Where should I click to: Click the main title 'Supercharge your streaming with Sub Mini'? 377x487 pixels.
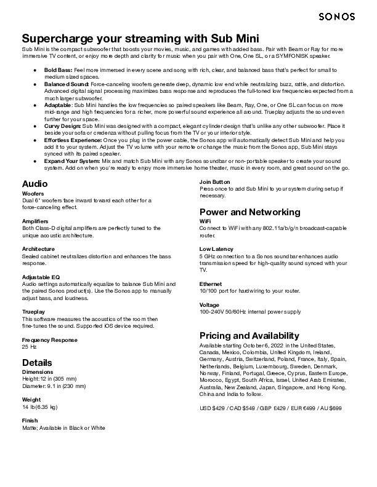click(140, 38)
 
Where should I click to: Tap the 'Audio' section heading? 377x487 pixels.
click(34, 184)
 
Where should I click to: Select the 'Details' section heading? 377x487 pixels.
click(37, 362)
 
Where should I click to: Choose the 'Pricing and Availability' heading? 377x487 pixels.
click(249, 336)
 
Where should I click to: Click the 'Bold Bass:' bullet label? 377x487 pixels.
click(58, 71)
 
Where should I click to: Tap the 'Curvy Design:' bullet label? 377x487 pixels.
click(62, 125)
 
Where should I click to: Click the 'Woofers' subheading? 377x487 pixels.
click(33, 193)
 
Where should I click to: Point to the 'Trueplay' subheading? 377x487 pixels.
click(34, 312)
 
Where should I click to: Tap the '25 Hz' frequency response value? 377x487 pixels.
click(30, 347)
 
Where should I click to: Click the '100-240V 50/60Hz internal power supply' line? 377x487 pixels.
click(250, 312)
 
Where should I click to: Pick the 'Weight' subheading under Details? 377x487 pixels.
click(31, 399)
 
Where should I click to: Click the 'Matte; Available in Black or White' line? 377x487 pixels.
click(63, 427)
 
